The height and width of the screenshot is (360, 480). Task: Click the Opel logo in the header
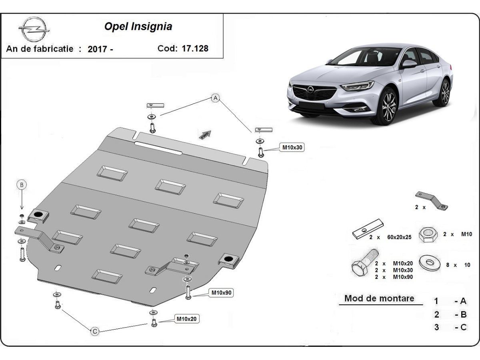[33, 29]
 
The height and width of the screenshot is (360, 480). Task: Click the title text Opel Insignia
[138, 27]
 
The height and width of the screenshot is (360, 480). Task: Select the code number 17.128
[195, 48]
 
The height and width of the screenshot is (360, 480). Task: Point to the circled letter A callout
[216, 98]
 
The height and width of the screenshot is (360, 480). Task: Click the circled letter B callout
[22, 184]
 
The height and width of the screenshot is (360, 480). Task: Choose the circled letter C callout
[95, 331]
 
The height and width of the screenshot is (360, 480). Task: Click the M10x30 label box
[293, 148]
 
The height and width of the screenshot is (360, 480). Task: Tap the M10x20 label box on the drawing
[187, 319]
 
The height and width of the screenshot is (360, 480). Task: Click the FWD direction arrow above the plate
[205, 134]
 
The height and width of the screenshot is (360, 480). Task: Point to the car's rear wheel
[445, 92]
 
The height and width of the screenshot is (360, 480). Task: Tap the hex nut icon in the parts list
[428, 234]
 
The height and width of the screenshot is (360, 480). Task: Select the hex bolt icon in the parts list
[364, 263]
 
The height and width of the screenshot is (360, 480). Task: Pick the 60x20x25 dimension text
[399, 238]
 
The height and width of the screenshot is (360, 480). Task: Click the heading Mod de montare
[379, 298]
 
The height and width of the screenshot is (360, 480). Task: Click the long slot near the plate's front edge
[158, 148]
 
